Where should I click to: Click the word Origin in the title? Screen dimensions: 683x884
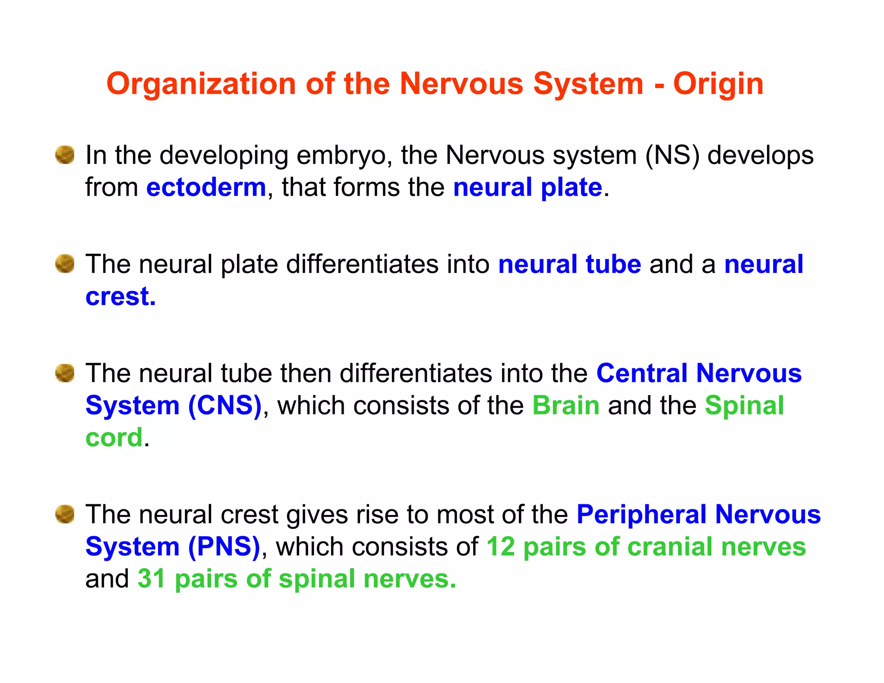point(718,84)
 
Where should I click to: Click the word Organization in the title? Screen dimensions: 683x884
point(201,84)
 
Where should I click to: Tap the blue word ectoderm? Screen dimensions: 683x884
point(206,188)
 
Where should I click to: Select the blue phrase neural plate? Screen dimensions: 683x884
point(527,188)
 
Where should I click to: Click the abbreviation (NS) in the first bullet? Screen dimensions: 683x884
point(672,155)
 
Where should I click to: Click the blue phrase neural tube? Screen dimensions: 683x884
point(569,264)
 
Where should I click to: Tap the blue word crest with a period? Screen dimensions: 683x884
point(120,297)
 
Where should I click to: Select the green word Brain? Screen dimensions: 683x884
point(566,406)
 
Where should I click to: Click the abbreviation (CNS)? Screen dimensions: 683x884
point(225,406)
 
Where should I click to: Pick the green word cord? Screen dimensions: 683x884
point(114,438)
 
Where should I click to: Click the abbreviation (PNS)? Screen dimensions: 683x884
point(224,547)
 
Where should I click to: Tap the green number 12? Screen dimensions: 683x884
point(501,547)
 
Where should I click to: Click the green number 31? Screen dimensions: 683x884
point(152,579)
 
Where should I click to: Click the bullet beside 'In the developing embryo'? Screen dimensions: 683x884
point(65,155)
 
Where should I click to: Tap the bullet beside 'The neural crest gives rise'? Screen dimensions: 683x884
point(65,514)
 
